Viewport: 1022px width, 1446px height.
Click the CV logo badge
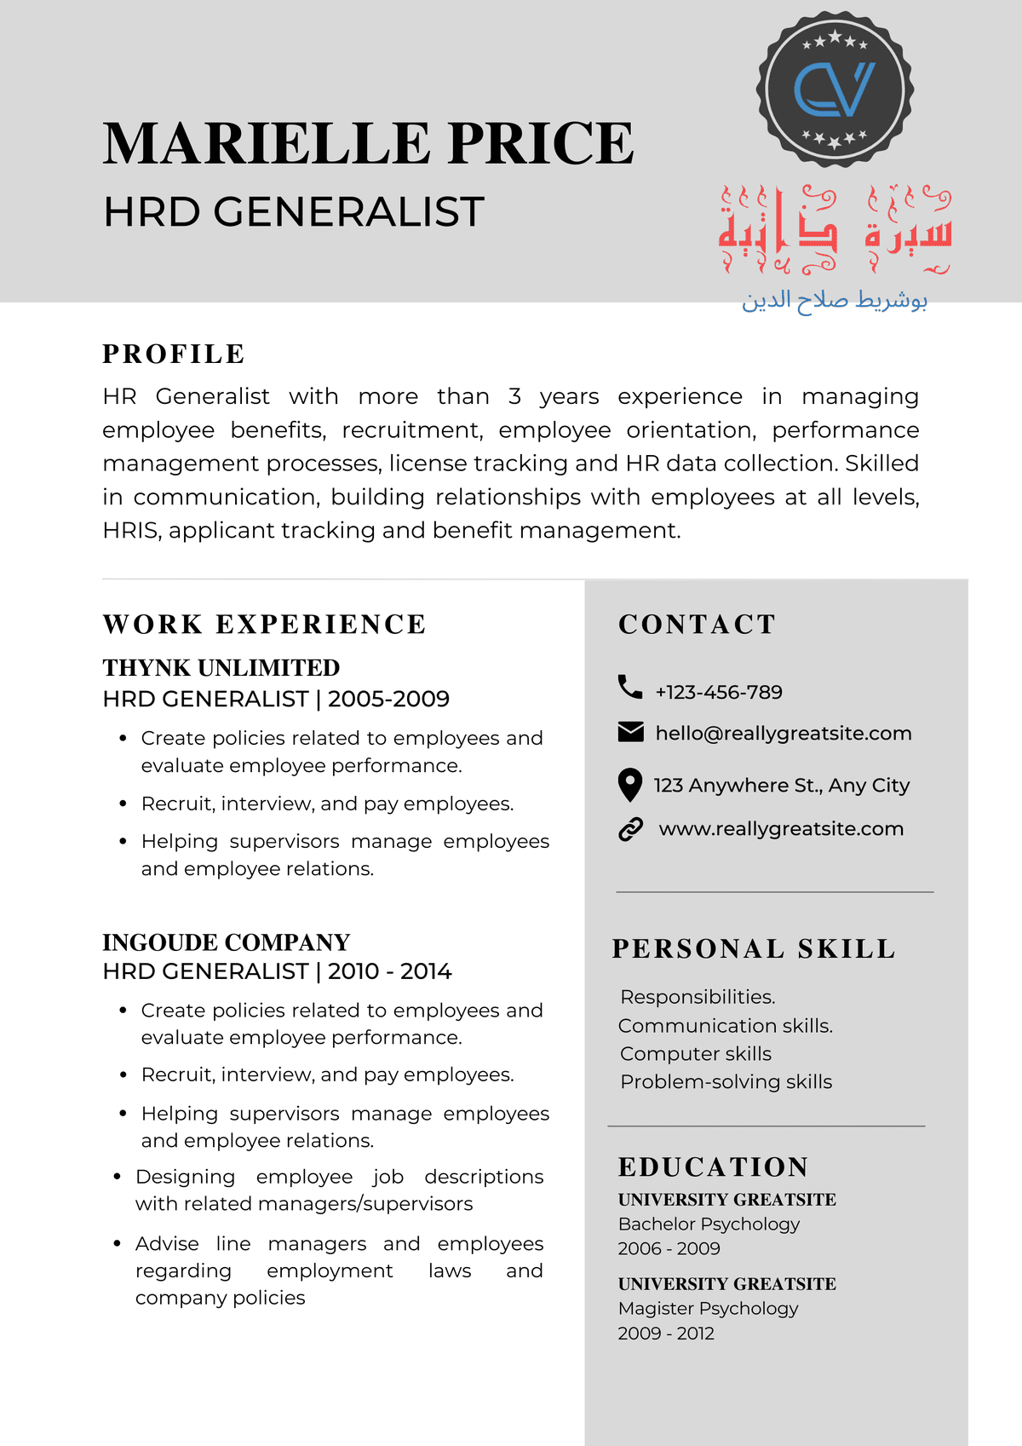[835, 89]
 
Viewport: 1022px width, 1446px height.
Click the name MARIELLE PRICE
[368, 143]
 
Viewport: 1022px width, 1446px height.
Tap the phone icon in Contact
[630, 687]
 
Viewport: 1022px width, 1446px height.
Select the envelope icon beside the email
[630, 732]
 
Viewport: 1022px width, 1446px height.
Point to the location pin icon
[629, 785]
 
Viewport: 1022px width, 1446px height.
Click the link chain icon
[630, 829]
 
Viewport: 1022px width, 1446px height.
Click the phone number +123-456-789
[719, 692]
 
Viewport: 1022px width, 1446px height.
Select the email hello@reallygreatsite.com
[784, 734]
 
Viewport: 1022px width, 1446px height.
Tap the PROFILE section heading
[174, 354]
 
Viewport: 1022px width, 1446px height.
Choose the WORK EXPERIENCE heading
[264, 625]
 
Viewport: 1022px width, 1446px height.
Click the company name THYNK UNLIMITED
[221, 667]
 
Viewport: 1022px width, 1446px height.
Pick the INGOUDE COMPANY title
[227, 942]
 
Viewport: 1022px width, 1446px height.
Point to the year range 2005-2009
[388, 699]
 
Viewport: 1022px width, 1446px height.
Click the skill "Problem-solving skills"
[726, 1081]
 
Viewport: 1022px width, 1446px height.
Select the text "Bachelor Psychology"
[709, 1224]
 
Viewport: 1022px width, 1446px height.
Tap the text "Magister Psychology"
[709, 1308]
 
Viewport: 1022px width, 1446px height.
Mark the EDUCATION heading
[714, 1167]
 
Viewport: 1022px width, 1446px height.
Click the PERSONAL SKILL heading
[754, 948]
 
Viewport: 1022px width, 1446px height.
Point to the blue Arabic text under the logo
[835, 300]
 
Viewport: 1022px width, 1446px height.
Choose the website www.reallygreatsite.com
[781, 829]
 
